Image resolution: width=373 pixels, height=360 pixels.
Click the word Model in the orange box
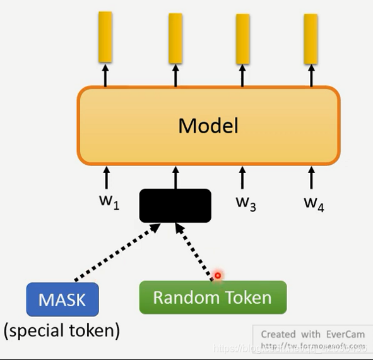[208, 126]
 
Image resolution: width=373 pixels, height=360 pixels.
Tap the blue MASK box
[62, 299]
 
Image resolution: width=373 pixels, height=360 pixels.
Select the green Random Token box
[213, 297]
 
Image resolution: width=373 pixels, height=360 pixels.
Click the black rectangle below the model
[175, 205]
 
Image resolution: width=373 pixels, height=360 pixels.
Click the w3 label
[246, 202]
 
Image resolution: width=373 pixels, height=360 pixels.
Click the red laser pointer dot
[218, 275]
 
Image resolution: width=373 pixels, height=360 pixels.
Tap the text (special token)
[62, 330]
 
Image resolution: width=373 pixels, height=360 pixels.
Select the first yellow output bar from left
[105, 37]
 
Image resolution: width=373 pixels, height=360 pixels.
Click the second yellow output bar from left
[175, 39]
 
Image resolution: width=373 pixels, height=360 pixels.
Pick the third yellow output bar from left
[243, 39]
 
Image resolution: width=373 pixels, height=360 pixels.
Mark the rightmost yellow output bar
[311, 39]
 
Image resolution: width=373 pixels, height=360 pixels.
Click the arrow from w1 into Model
[106, 177]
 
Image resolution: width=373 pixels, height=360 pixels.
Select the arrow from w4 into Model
[311, 177]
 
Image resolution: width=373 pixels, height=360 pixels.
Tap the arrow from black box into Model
[175, 177]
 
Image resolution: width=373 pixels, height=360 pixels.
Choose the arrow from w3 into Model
[243, 177]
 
